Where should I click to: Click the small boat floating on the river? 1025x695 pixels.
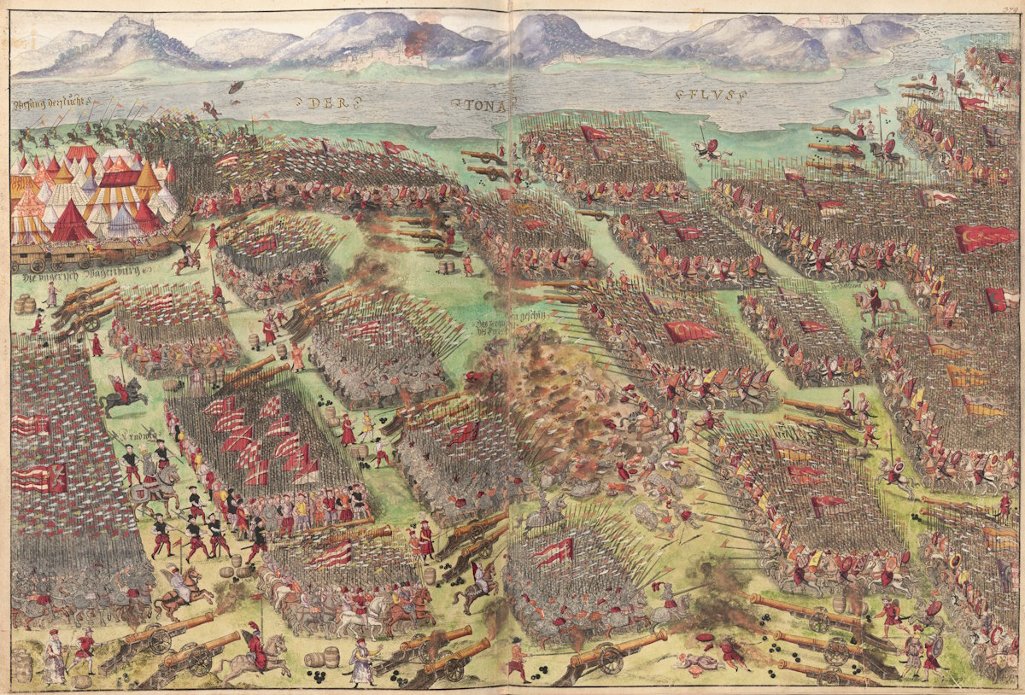point(234,87)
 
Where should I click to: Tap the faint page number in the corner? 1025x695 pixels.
point(1011,8)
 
